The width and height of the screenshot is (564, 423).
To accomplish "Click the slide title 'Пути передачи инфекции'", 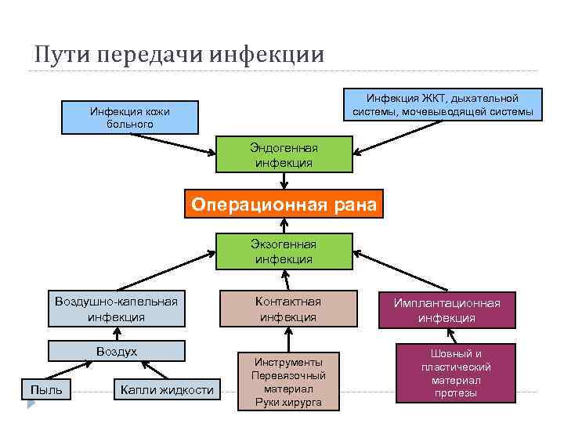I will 179,54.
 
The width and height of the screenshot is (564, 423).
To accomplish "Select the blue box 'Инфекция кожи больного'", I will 129,117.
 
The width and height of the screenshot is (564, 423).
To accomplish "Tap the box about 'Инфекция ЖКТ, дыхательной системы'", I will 443,105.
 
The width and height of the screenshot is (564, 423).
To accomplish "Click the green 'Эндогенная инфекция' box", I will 284,155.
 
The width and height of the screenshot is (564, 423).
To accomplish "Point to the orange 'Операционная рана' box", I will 284,205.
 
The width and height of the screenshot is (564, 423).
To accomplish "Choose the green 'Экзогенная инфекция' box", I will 284,251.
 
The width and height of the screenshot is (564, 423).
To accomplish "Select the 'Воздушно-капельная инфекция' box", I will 116,309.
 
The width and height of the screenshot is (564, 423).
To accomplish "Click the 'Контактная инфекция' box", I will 288,309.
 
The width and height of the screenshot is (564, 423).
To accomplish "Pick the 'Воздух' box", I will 116,352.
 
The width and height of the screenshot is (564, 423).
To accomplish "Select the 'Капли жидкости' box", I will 166,389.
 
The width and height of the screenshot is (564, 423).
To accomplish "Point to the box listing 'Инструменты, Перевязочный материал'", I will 288,381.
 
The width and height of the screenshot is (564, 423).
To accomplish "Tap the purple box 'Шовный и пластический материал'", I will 456,373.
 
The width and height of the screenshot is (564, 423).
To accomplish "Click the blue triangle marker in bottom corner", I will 31,406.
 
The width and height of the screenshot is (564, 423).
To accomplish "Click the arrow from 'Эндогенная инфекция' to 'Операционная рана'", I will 284,181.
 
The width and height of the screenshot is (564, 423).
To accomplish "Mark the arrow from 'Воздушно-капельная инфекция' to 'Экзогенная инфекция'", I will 164,271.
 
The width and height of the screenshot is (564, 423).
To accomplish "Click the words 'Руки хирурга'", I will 288,403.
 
